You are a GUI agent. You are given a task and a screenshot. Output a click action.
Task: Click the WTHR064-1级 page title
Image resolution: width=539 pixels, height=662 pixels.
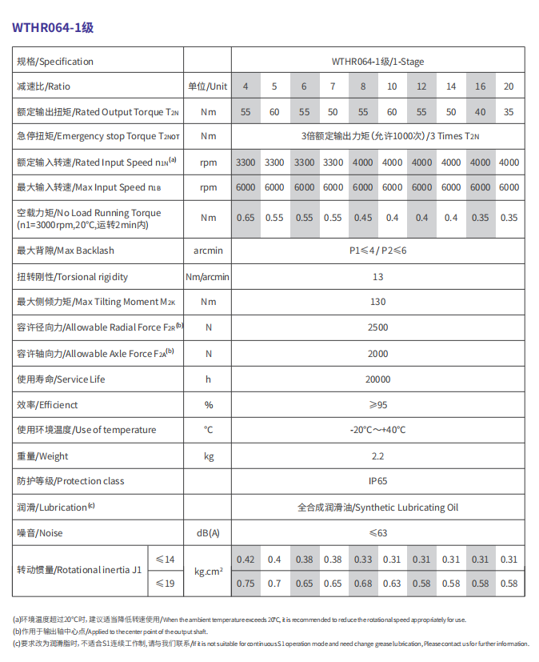click(x=53, y=26)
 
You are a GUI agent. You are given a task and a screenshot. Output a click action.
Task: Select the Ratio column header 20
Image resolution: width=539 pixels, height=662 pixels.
click(x=509, y=86)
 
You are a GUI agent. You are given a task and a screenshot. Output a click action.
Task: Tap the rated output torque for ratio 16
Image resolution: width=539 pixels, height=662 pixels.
click(x=480, y=112)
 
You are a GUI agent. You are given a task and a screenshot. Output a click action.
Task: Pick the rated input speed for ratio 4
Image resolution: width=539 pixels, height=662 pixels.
click(x=246, y=162)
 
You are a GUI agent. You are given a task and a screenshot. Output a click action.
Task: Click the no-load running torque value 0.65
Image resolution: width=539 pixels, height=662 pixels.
click(x=246, y=218)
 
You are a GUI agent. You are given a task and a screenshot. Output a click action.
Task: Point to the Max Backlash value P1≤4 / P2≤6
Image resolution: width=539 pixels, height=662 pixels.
click(x=378, y=251)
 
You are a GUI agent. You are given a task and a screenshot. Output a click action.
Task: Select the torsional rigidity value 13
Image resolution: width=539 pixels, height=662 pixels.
click(x=378, y=277)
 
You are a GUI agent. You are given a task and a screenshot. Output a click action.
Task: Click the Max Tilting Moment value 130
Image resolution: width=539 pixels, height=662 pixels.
click(x=378, y=302)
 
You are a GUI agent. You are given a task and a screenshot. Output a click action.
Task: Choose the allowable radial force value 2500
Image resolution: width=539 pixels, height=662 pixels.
click(x=378, y=327)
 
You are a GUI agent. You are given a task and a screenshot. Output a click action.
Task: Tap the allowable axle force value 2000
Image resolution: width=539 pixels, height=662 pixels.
click(x=378, y=354)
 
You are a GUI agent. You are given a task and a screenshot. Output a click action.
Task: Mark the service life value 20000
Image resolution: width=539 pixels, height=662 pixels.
click(x=378, y=379)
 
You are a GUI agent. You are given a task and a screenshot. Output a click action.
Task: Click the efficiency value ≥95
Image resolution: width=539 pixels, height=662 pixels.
click(x=378, y=405)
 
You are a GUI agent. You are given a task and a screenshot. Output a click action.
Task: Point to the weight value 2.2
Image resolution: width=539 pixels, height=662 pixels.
click(x=378, y=456)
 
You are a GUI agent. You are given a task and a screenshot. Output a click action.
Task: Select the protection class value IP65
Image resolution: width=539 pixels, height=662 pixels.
click(x=378, y=481)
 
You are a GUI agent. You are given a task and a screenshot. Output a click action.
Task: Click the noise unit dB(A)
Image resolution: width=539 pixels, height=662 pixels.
click(x=208, y=533)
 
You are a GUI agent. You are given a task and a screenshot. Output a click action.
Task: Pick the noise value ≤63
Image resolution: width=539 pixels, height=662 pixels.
click(x=378, y=533)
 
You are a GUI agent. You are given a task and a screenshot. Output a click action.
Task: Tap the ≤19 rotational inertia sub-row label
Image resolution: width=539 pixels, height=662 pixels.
click(x=165, y=584)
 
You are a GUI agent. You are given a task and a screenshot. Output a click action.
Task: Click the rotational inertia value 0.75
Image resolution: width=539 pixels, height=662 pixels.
click(x=246, y=584)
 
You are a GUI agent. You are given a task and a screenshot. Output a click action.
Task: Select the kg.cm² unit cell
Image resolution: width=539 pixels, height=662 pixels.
click(x=208, y=572)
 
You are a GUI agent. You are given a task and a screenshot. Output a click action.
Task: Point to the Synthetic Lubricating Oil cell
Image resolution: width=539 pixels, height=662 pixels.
click(x=378, y=508)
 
